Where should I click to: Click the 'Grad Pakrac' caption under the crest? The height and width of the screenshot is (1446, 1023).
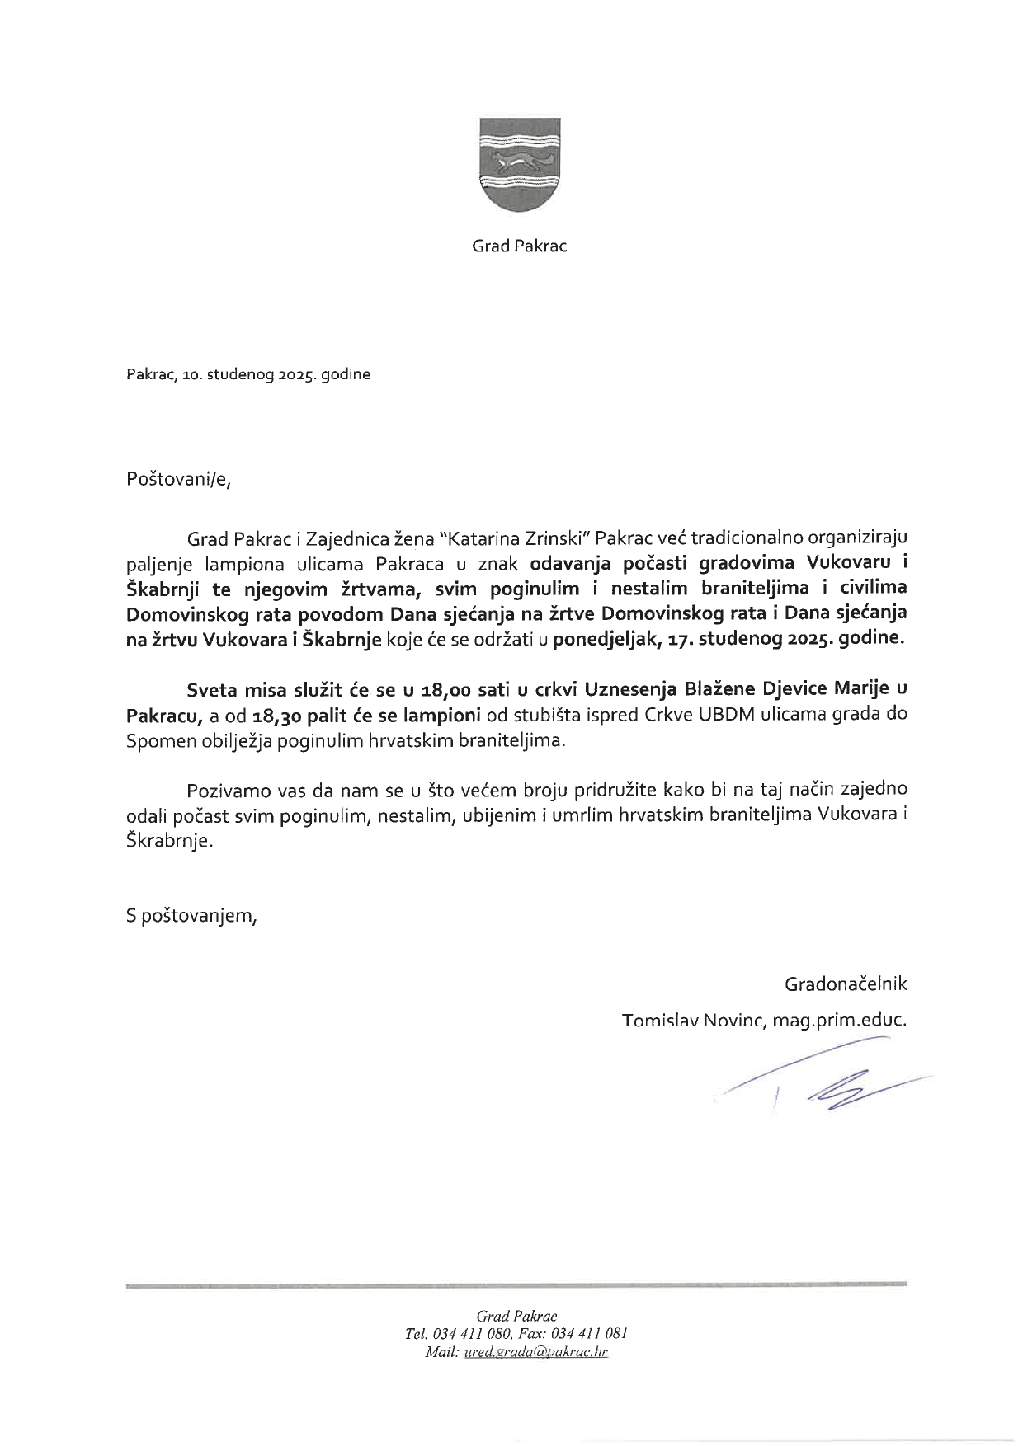click(x=520, y=246)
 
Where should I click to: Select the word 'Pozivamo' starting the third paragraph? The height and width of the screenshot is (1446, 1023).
click(x=223, y=791)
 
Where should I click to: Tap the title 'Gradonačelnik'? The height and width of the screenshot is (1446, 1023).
click(x=846, y=984)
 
